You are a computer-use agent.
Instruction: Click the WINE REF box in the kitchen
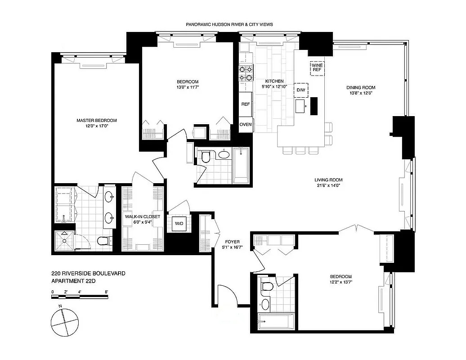317,68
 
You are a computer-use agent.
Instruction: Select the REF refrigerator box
246,104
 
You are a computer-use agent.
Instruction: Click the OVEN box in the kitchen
246,125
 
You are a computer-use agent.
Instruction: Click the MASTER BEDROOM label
96,120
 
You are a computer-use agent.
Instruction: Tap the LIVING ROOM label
328,180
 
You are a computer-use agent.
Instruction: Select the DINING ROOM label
360,87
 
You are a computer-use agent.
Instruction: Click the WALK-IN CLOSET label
142,216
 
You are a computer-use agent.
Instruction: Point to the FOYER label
232,241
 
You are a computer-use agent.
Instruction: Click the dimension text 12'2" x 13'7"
340,283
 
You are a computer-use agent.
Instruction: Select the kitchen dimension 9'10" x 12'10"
274,87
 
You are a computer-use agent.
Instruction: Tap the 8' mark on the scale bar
106,292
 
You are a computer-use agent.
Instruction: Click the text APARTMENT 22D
74,281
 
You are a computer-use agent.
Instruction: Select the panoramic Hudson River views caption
229,24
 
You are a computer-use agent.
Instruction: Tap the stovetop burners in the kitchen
246,73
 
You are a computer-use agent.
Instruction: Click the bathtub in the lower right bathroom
276,321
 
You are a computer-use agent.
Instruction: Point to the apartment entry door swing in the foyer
226,295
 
